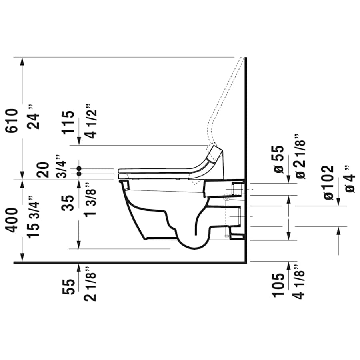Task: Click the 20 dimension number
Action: (44, 169)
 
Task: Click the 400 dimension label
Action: (12, 220)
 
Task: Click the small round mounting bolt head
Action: (227, 197)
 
